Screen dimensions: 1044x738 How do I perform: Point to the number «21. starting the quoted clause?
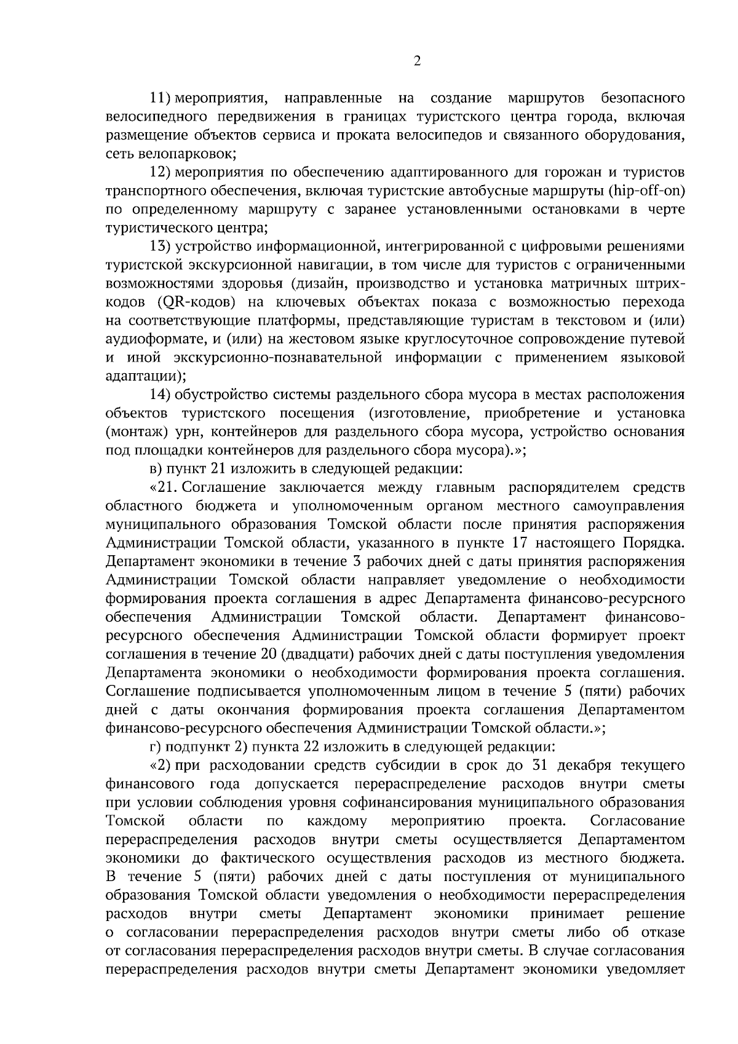[x=164, y=488]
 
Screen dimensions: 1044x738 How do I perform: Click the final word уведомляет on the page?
[x=645, y=987]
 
